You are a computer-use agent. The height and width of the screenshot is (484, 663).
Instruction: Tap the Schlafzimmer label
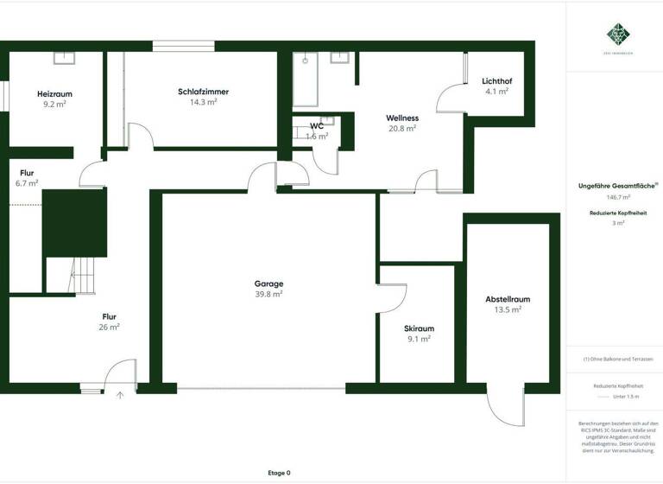203,92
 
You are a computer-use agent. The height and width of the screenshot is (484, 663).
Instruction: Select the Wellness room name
402,118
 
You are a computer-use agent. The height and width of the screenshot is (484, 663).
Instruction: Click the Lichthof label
496,81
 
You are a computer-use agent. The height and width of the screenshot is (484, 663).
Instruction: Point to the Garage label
268,283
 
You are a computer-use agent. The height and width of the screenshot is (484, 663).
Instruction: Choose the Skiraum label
419,328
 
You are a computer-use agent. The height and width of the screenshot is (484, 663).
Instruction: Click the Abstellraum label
508,299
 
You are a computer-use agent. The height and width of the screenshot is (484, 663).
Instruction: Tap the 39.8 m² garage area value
268,294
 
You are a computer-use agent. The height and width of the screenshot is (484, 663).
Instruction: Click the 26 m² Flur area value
109,328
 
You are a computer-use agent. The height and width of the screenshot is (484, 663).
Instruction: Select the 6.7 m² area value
27,183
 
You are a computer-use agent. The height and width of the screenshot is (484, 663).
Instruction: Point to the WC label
318,126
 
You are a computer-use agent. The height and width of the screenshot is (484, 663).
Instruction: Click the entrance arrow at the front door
120,395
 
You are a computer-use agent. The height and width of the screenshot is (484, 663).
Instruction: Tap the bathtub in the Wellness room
306,80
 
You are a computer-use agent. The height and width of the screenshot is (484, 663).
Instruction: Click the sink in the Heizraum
66,58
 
